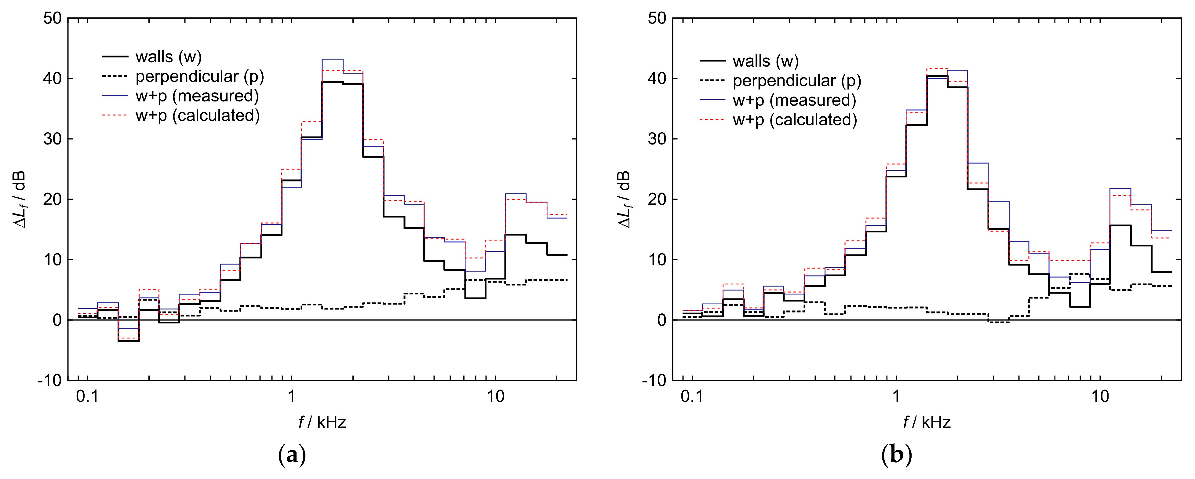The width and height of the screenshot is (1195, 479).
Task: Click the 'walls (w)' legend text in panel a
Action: [x=168, y=57]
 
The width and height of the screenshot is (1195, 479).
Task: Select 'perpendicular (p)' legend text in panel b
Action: [x=796, y=81]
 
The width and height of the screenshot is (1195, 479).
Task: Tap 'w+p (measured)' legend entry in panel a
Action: [x=197, y=96]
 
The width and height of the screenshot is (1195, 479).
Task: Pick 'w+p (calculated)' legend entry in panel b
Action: [x=795, y=120]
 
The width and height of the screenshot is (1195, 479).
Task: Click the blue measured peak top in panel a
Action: [x=332, y=59]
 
